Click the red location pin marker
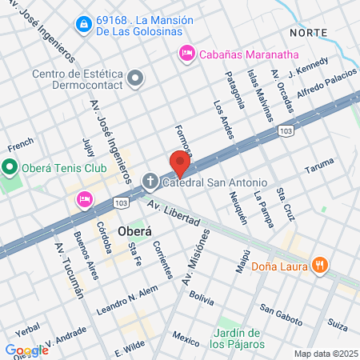[178, 163]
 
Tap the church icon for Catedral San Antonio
[150, 182]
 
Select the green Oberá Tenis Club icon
[10, 168]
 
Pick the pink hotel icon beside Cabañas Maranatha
[186, 54]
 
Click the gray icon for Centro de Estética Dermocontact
[136, 78]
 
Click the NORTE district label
[309, 31]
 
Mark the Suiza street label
[337, 326]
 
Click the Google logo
[26, 350]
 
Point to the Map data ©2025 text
[326, 354]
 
